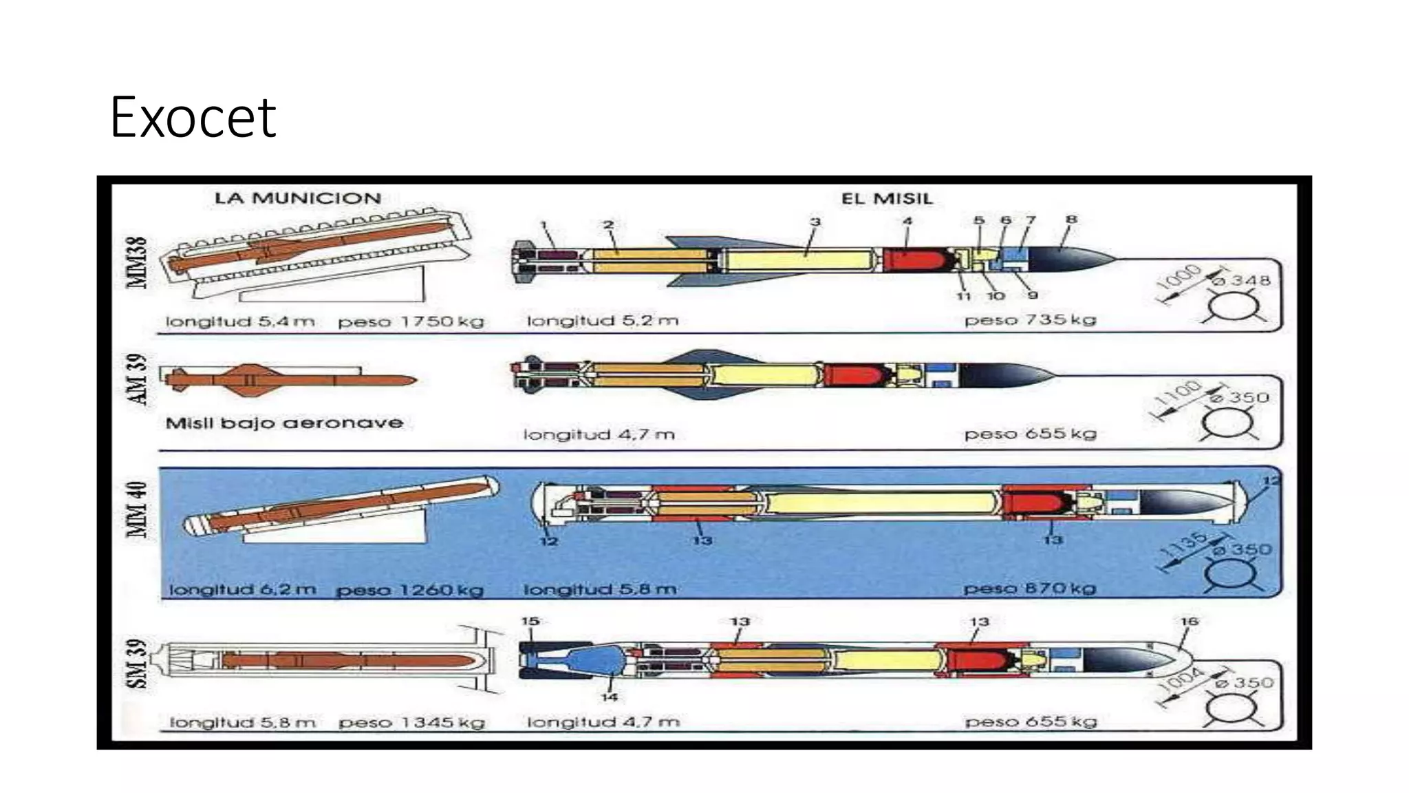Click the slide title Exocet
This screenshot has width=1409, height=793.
[193, 118]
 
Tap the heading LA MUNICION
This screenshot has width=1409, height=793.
[297, 198]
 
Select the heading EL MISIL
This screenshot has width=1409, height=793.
[887, 199]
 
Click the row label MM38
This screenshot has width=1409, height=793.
[136, 262]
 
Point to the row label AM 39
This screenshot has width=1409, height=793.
[137, 379]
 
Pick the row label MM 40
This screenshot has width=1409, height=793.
[137, 509]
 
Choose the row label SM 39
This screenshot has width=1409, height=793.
[137, 664]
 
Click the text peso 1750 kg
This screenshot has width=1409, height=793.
[411, 321]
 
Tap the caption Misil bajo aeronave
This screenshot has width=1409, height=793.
[284, 423]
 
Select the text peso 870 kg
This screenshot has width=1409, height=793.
[1029, 589]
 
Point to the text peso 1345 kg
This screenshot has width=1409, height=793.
[411, 723]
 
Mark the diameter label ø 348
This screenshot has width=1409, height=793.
[1240, 281]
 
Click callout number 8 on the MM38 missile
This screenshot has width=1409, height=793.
[1071, 220]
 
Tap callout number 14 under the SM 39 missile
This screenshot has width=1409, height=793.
[609, 697]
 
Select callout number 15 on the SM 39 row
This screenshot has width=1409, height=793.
[530, 621]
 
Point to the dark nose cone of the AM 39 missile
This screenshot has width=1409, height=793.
[1004, 376]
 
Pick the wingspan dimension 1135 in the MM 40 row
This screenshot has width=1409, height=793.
[1183, 544]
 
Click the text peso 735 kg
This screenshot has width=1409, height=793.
[1030, 320]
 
